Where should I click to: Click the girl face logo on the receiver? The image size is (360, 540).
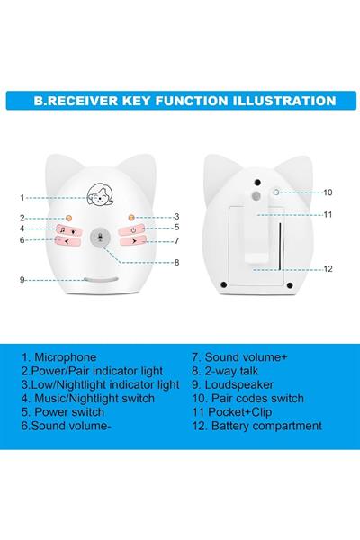(x=100, y=195)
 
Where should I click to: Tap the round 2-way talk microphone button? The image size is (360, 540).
(x=100, y=238)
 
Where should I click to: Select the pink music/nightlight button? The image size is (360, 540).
(x=67, y=229)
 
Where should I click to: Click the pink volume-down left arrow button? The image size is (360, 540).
(x=67, y=240)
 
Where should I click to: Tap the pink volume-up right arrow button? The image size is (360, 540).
(x=133, y=241)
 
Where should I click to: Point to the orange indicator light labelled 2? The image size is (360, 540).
(x=69, y=219)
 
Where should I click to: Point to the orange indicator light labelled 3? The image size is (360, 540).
(x=130, y=218)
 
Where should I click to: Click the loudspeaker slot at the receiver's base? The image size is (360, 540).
(x=101, y=279)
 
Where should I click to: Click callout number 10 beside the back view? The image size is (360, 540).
(x=328, y=193)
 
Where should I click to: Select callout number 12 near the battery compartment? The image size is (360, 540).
(x=328, y=268)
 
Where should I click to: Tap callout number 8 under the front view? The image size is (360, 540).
(x=176, y=263)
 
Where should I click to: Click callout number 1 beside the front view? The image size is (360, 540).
(x=22, y=198)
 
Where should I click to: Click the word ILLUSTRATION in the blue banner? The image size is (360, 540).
(x=284, y=101)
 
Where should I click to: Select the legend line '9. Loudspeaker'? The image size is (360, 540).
(x=232, y=384)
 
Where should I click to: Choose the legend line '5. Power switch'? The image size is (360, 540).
(x=63, y=412)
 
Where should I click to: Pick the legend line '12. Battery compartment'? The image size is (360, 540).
(x=257, y=426)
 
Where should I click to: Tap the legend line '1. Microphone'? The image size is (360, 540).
(x=58, y=357)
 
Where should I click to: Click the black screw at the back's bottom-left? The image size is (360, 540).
(x=223, y=284)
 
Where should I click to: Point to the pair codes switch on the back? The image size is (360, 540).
(x=276, y=193)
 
